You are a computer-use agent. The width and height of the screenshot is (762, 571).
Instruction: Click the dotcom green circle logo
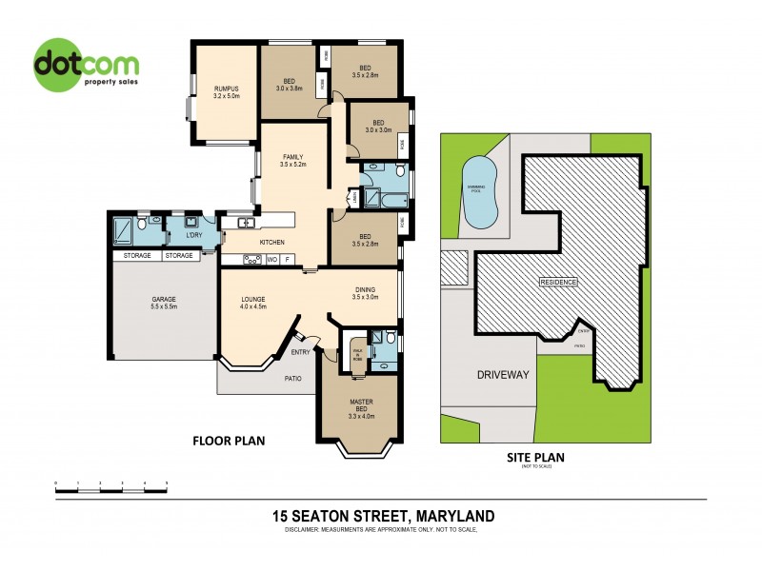[x=86, y=65]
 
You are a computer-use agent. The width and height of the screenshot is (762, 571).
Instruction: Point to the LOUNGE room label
[x=252, y=303]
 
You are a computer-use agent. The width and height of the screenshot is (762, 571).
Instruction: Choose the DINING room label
[x=366, y=294]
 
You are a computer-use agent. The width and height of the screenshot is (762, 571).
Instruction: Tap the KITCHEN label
[x=272, y=243]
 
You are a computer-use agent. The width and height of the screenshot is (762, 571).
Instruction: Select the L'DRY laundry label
[x=193, y=234]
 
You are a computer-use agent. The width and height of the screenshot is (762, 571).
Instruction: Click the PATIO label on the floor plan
[x=292, y=378]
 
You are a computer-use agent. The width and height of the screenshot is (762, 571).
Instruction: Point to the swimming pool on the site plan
[x=477, y=187]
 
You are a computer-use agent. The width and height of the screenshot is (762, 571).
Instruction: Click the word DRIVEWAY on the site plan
[x=502, y=375]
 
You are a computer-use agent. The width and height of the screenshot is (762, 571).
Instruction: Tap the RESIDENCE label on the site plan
[x=559, y=283]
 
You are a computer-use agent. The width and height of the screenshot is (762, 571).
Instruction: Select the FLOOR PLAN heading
[x=228, y=441]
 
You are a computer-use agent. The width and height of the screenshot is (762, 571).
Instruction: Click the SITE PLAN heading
[x=537, y=457]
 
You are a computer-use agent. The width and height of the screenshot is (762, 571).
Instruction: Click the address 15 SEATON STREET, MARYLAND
[x=383, y=516]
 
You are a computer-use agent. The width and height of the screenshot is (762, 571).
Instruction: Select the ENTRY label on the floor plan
[x=300, y=352]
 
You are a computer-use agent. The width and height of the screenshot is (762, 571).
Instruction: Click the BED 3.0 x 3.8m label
[x=288, y=83]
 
